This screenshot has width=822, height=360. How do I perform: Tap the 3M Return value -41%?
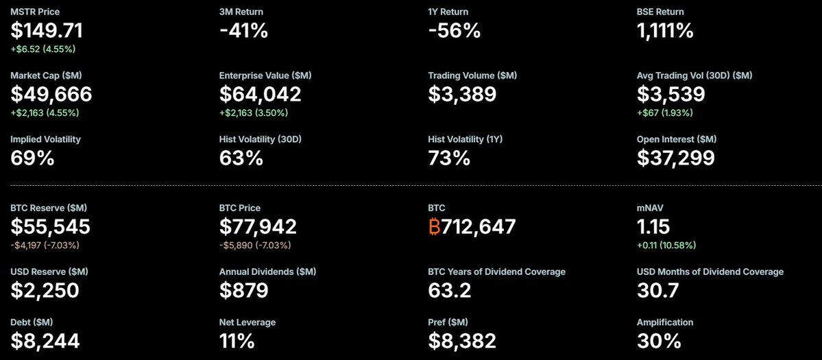(x=243, y=30)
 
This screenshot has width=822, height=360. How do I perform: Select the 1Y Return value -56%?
(x=454, y=30)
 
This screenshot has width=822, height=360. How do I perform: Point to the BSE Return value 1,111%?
(x=665, y=30)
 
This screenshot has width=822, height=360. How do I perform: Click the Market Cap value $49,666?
(x=51, y=94)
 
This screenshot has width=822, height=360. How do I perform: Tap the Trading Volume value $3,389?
(x=462, y=94)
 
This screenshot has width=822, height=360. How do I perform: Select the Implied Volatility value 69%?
(x=32, y=158)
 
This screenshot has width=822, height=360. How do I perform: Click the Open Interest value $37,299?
(x=675, y=158)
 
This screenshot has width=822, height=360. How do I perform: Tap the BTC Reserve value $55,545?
(x=50, y=226)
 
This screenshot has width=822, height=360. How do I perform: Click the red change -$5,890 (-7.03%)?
(x=255, y=245)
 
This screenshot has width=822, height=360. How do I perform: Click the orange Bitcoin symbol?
(x=434, y=227)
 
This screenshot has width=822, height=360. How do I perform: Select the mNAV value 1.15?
(x=653, y=226)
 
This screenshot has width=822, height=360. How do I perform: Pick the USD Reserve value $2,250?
(x=45, y=290)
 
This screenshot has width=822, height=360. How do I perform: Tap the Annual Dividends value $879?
(x=243, y=290)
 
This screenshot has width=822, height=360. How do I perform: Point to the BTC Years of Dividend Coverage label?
(x=496, y=272)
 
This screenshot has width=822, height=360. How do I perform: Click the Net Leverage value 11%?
(x=237, y=341)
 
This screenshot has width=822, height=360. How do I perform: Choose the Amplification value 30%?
(x=659, y=341)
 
